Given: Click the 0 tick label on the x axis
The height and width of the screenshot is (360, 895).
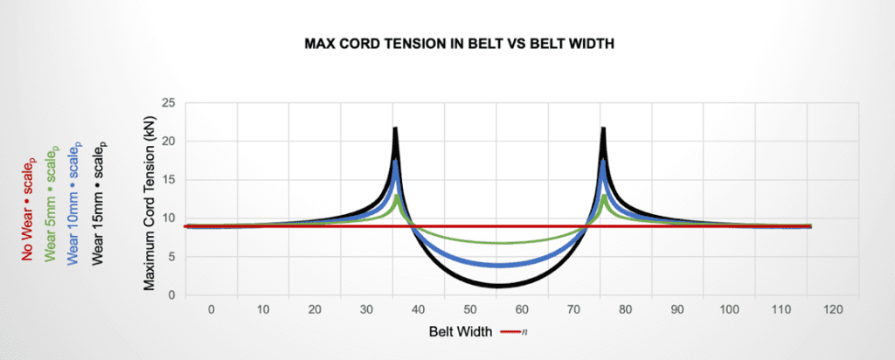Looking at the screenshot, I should coord(211,309).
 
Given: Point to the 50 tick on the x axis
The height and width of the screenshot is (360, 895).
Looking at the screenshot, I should coord(470,309).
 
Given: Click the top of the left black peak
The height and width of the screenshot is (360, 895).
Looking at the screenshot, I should coord(395,128).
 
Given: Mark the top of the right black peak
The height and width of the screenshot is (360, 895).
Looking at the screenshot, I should coord(603,128).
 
